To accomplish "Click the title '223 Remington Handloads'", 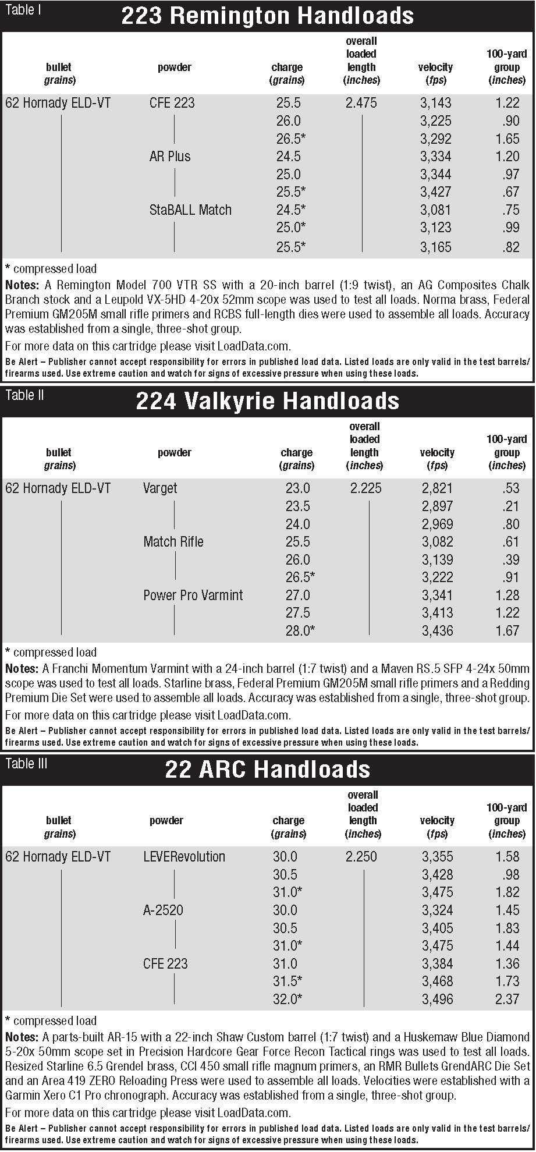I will (x=267, y=16).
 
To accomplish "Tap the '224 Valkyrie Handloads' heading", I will (x=267, y=401).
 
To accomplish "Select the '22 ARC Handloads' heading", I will (x=267, y=769).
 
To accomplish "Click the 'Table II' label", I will (x=24, y=396).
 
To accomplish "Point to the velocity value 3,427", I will (x=435, y=192).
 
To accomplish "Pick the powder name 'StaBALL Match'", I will (x=190, y=210).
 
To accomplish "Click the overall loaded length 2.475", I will (x=361, y=103).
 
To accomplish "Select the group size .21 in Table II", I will (x=511, y=506).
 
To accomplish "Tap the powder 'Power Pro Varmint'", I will (x=193, y=595).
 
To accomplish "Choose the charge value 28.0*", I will (x=300, y=630).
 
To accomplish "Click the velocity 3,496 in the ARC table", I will (x=437, y=999).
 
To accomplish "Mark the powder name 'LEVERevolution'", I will (x=184, y=857).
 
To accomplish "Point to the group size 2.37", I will (x=507, y=999).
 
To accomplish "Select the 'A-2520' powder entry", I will (x=163, y=910).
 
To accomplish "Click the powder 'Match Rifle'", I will (x=173, y=542).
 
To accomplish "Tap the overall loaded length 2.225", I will (x=365, y=488).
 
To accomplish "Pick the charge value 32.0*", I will (x=287, y=999).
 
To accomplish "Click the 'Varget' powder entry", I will (x=160, y=488).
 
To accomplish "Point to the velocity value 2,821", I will (x=436, y=488).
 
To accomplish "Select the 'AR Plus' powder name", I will (x=170, y=157).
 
